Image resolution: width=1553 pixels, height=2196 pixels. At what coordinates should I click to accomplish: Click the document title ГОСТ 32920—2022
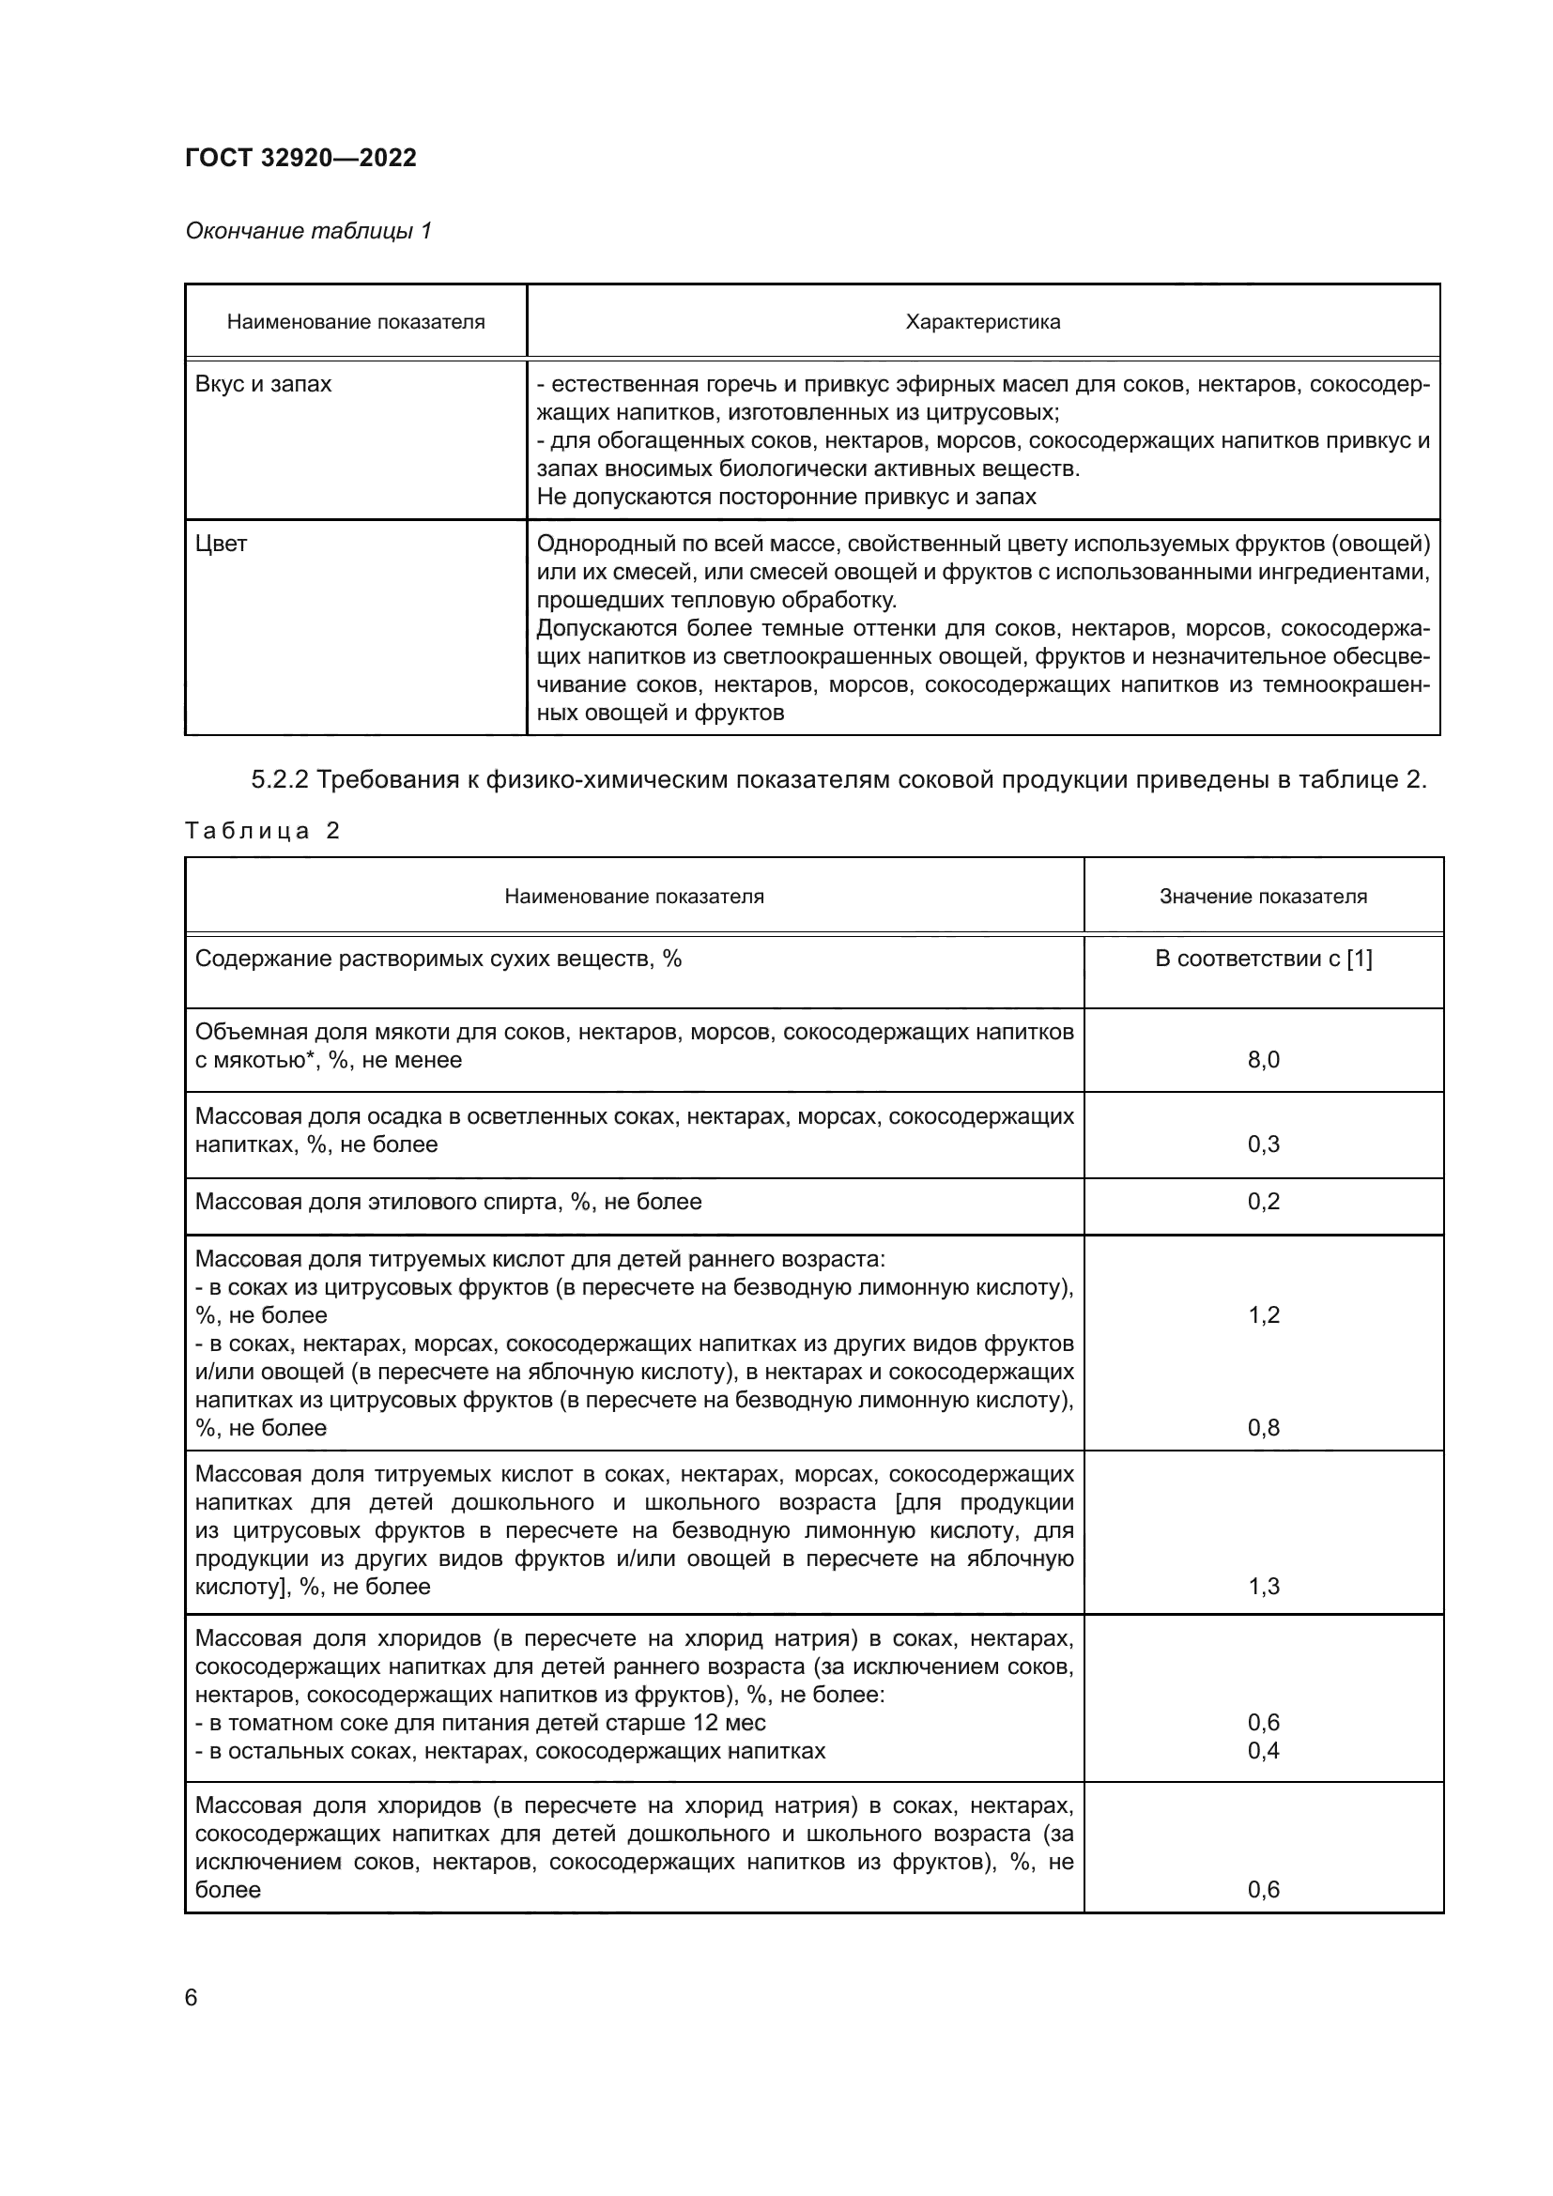click(x=300, y=158)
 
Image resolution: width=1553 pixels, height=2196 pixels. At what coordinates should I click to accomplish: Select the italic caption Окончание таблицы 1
click(x=308, y=231)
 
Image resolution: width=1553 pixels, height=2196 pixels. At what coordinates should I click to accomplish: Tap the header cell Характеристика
click(x=982, y=322)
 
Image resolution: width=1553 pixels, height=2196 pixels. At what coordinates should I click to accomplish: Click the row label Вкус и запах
click(x=263, y=385)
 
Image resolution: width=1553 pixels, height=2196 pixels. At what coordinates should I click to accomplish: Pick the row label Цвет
click(x=221, y=545)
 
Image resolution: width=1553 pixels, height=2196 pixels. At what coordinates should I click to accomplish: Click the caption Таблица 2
click(x=262, y=830)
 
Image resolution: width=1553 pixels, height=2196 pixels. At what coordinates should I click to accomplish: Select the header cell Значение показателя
click(x=1262, y=897)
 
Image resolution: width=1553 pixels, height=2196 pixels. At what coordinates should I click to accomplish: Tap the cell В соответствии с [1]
click(x=1262, y=959)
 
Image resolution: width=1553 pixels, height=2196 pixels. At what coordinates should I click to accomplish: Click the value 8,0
click(x=1262, y=1060)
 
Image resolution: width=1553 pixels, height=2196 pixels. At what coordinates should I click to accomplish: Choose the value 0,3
click(x=1262, y=1144)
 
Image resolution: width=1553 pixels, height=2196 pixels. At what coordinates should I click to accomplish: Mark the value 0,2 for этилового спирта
click(x=1262, y=1202)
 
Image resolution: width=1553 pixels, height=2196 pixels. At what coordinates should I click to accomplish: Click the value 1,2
click(x=1262, y=1314)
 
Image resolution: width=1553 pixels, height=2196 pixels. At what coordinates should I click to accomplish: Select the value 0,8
click(x=1262, y=1427)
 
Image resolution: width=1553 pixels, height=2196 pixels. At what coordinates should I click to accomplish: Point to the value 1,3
click(x=1262, y=1586)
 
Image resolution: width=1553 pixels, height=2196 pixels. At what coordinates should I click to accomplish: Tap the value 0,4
click(x=1262, y=1750)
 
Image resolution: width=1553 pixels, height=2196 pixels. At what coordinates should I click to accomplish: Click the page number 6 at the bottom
click(x=192, y=1997)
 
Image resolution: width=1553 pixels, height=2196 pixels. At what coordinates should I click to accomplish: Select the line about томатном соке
click(x=480, y=1723)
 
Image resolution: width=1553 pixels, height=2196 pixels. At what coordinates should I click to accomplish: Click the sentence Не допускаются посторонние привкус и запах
click(x=786, y=497)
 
